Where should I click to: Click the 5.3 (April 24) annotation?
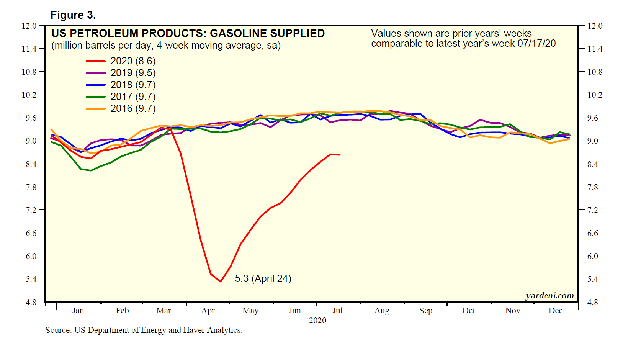click(x=263, y=278)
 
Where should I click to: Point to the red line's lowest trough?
click(x=221, y=281)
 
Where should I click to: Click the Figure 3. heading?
click(x=73, y=15)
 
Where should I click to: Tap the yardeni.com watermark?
click(x=549, y=295)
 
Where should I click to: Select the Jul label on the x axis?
click(x=337, y=310)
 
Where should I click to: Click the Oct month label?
click(x=468, y=310)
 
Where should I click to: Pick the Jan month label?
click(x=78, y=310)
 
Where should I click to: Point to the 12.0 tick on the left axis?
click(x=29, y=26)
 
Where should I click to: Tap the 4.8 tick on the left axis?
click(x=31, y=302)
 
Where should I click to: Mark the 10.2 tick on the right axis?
click(x=595, y=95)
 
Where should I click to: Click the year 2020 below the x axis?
click(x=317, y=320)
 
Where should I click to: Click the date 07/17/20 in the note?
click(x=536, y=43)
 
